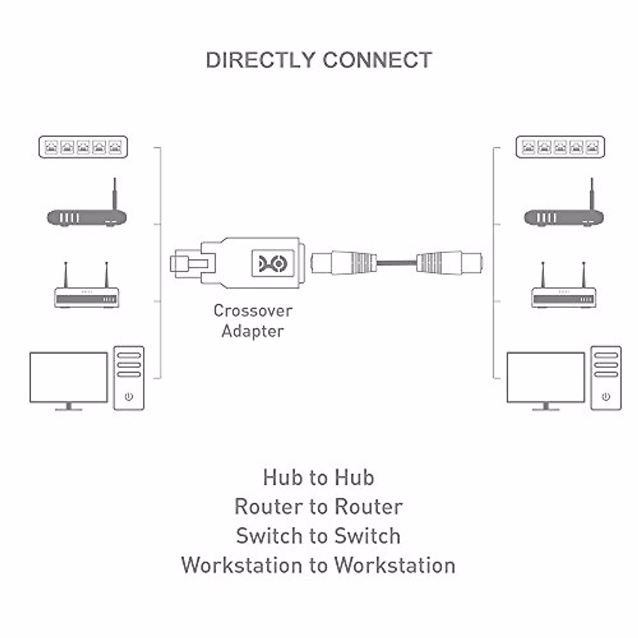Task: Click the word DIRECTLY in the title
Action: (x=261, y=60)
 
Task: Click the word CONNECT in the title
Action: (x=377, y=60)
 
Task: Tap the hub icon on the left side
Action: (x=83, y=147)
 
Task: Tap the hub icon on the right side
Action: (x=560, y=147)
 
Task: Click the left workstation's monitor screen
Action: (x=69, y=377)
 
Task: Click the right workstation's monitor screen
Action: (x=545, y=377)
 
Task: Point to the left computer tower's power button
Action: (x=129, y=397)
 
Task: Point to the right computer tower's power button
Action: (x=606, y=397)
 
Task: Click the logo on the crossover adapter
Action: (x=273, y=262)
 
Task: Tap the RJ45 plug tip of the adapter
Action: (x=183, y=263)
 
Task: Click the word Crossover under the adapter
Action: (x=253, y=310)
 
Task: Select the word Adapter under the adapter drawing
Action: (x=253, y=331)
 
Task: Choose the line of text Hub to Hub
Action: (x=318, y=477)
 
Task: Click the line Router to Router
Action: (x=318, y=507)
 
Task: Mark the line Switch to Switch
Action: (x=318, y=536)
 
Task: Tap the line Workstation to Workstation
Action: (x=318, y=565)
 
